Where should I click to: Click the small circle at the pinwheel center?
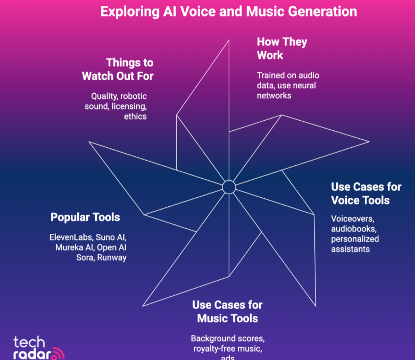tap(229, 187)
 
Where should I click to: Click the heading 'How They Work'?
tap(282, 48)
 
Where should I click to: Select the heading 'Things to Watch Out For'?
tap(118, 70)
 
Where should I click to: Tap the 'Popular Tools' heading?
tap(85, 217)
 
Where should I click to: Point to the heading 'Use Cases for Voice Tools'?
tap(366, 194)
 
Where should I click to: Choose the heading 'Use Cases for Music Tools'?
tap(228, 312)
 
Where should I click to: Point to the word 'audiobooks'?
tap(353, 229)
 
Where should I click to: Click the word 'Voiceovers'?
tap(353, 219)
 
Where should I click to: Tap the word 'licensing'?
tap(129, 106)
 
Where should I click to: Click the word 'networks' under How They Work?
tap(274, 96)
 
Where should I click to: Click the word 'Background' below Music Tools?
tap(212, 339)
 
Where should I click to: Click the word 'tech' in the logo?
tap(29, 342)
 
